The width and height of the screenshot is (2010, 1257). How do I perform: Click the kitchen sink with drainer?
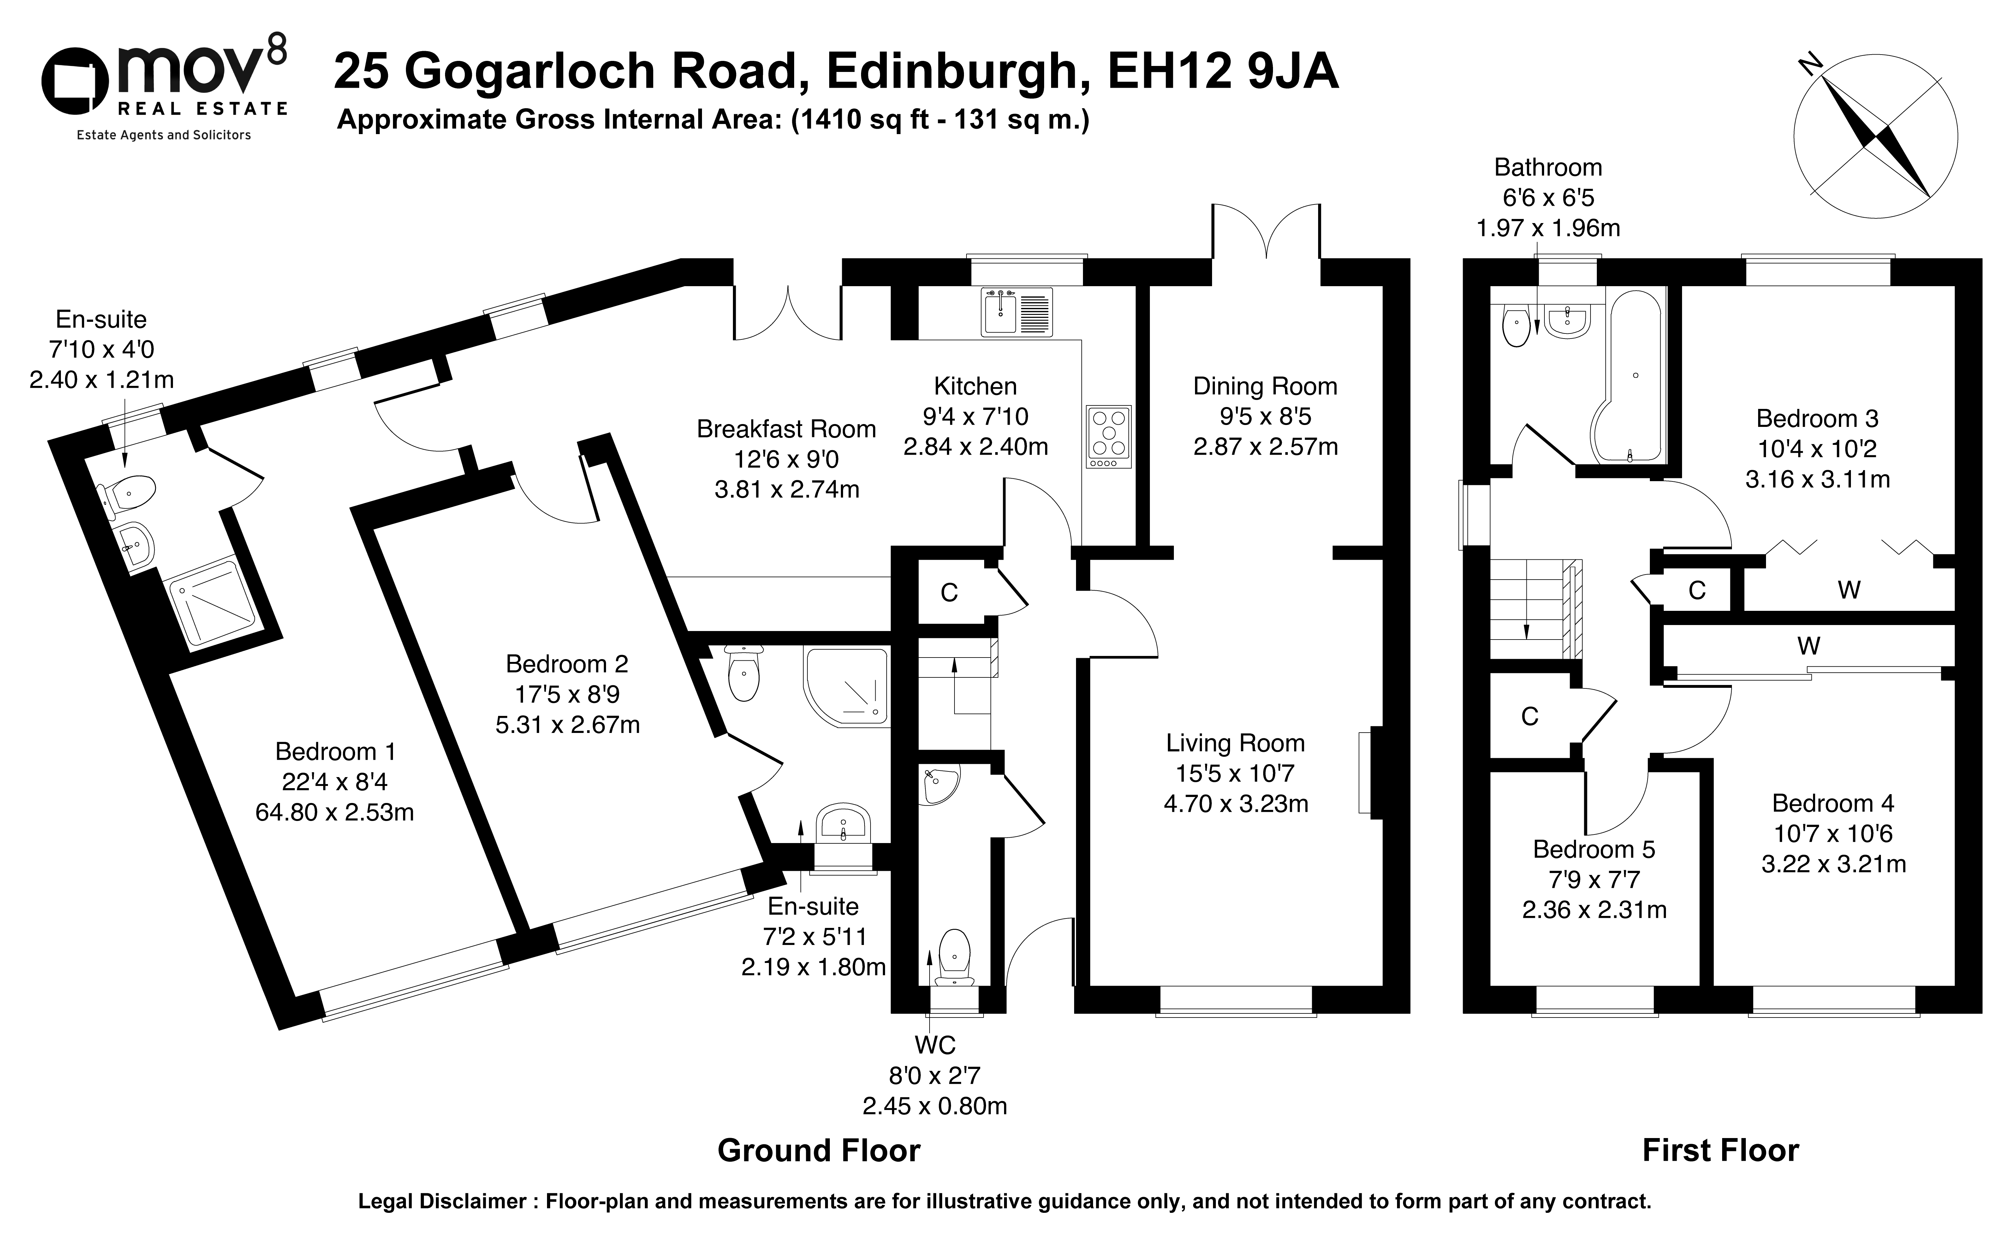tap(1016, 312)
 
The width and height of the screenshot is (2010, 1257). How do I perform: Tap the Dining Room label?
tap(1265, 387)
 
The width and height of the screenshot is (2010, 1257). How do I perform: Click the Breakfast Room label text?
tap(786, 429)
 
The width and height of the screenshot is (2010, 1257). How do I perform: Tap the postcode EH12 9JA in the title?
tap(1222, 71)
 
